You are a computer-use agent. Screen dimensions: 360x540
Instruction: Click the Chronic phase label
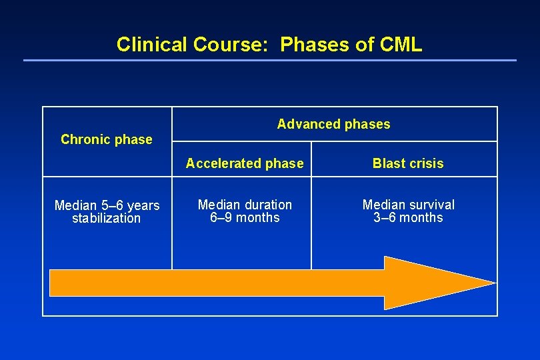coord(107,139)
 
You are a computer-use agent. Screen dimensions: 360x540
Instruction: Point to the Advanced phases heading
coord(333,124)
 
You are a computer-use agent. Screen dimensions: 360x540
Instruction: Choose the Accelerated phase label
coord(245,163)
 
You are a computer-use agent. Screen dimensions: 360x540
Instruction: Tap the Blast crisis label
coord(408,163)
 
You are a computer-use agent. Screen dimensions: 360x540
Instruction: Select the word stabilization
coord(107,218)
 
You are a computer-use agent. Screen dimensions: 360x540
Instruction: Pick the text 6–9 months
coord(245,217)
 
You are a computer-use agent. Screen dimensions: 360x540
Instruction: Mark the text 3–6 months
coord(408,217)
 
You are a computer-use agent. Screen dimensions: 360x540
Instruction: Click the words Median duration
coord(245,205)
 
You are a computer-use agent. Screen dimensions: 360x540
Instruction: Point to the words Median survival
coord(408,205)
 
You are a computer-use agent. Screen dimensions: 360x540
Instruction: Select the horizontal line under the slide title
coord(269,61)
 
